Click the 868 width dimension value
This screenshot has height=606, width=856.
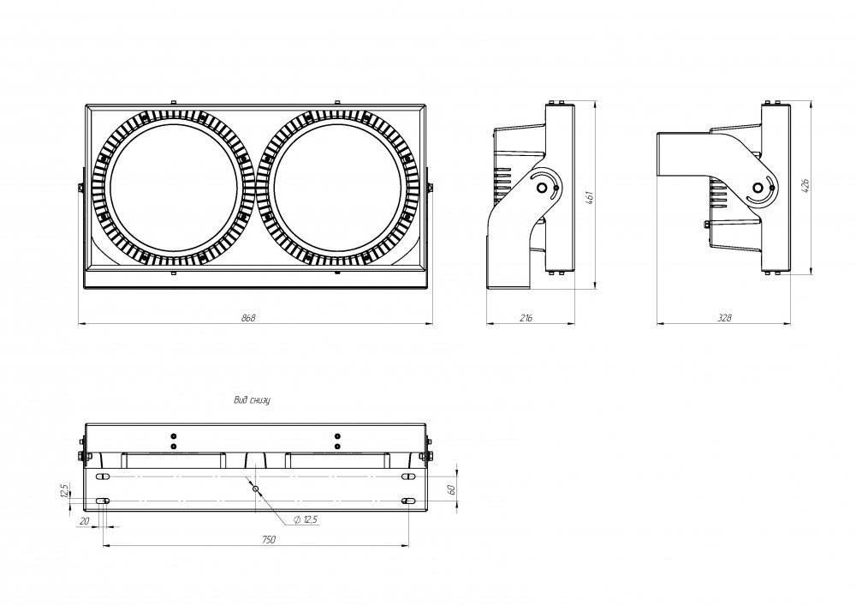[x=248, y=317]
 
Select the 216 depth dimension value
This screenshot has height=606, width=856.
[x=526, y=317]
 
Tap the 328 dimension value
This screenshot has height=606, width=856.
[x=724, y=317]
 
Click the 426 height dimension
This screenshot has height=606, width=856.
[x=805, y=185]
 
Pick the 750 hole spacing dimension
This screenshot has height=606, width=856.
[x=269, y=540]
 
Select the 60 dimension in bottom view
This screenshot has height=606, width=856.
[x=452, y=489]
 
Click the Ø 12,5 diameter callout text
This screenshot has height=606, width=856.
[x=306, y=519]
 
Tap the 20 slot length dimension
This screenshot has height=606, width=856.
[x=84, y=521]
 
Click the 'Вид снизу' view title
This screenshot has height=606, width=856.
[x=253, y=400]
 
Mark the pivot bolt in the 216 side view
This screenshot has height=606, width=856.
[x=542, y=188]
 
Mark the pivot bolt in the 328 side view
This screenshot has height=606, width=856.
[x=758, y=188]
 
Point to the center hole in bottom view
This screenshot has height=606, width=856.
[x=255, y=489]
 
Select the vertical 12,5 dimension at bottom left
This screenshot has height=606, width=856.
[x=64, y=490]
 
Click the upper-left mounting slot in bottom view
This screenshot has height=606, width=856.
[x=103, y=477]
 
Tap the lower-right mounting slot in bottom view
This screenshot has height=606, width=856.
[x=408, y=501]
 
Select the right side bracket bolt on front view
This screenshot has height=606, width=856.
[x=431, y=188]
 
